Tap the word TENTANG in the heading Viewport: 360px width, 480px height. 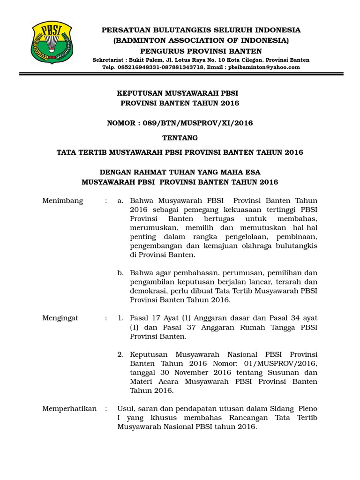point(180,138)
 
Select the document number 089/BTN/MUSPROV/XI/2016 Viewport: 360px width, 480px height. point(202,123)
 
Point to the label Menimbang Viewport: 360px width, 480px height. point(62,201)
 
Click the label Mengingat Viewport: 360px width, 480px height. point(60,318)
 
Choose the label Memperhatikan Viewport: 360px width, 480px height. point(69,408)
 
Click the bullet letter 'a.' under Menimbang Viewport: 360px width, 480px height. point(120,201)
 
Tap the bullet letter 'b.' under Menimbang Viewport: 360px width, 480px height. point(120,273)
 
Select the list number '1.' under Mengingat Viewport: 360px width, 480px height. point(120,318)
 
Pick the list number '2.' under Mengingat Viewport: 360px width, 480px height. point(120,354)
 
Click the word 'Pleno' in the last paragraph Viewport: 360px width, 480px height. point(307,408)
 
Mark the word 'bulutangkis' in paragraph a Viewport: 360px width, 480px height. point(297,246)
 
